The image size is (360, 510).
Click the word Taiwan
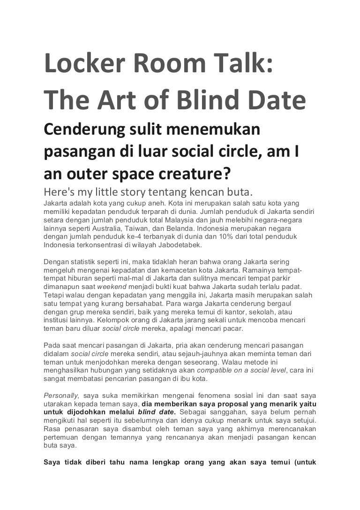[x=136, y=227]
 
